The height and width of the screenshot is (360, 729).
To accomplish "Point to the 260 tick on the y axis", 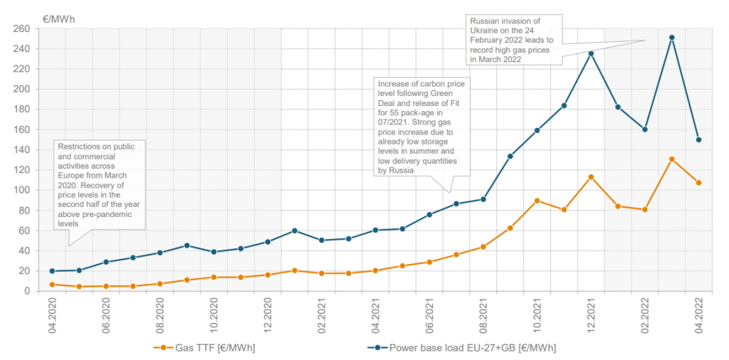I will (x=21, y=29).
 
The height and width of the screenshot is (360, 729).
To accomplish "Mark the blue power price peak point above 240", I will (x=672, y=38).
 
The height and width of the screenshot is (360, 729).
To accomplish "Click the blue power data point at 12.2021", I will (x=591, y=53).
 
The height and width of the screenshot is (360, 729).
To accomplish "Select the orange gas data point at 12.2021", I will (x=591, y=176).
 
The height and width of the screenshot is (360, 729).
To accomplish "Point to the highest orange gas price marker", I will (x=672, y=159).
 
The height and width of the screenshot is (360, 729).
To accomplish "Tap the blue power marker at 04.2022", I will (x=699, y=139).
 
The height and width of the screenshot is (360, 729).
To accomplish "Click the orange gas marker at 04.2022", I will (x=699, y=183).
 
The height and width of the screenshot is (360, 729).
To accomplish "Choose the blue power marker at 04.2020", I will (x=52, y=271).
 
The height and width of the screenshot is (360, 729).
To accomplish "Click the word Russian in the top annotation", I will (x=485, y=22).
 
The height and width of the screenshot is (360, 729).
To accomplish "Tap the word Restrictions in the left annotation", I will (x=81, y=147).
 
